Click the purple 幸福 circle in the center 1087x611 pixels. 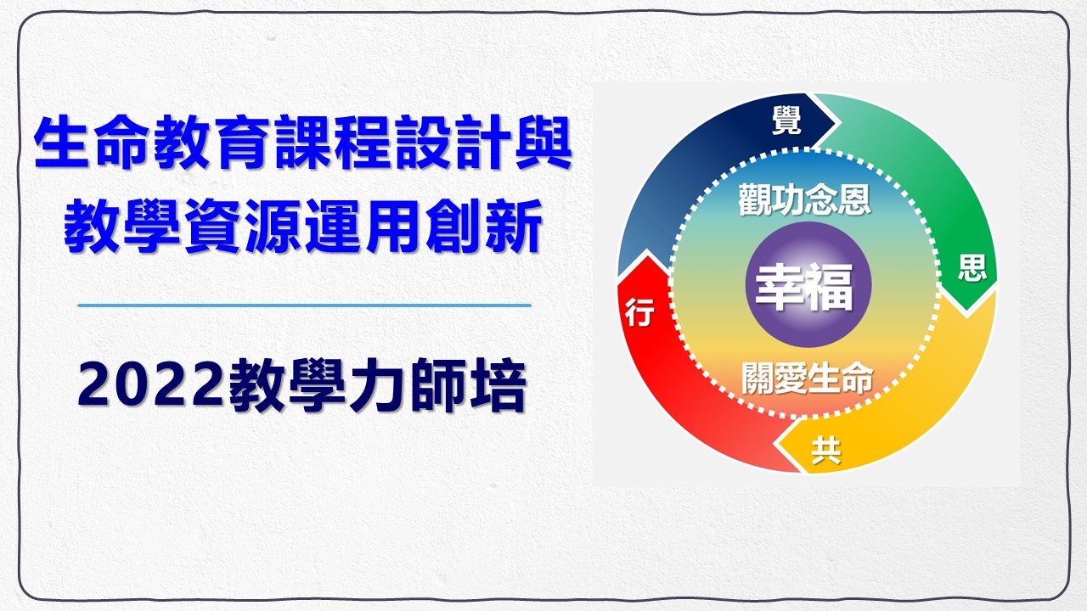tap(808, 285)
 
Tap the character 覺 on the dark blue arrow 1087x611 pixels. tap(786, 121)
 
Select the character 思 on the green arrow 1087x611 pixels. tap(972, 267)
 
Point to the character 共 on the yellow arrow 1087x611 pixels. tap(826, 451)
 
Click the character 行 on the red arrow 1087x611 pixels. tap(639, 312)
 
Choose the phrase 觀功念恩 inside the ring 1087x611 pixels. tap(804, 199)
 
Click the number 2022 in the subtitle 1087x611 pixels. tap(152, 386)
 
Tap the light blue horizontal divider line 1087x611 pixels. tap(304, 305)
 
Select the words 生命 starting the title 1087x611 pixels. tap(91, 143)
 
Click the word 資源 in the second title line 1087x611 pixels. tap(243, 226)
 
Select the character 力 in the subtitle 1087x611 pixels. tap(378, 386)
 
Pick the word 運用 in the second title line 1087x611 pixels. tap(363, 226)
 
